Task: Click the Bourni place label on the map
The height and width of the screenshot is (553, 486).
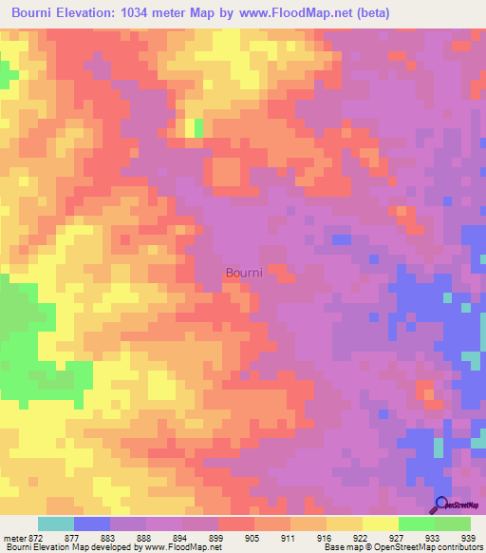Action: pos(244,273)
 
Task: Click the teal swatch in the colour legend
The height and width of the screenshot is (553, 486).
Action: pos(56,524)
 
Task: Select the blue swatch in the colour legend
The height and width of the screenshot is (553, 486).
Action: pos(92,524)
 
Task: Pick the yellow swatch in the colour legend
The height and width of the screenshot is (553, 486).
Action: pos(381,524)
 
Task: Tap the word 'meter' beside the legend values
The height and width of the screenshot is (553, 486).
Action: pos(14,537)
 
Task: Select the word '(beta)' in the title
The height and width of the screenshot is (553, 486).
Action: pos(370,13)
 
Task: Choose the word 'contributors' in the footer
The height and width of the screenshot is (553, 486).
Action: pos(458,546)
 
